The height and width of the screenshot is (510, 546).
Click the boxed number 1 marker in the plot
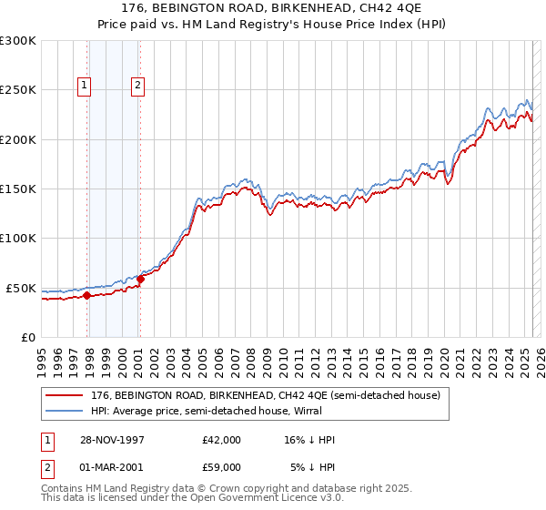84,87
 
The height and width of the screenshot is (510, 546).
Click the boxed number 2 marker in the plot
137,87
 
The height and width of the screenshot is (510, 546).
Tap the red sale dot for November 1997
87,295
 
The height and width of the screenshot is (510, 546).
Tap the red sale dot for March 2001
140,279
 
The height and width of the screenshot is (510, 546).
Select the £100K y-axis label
18,239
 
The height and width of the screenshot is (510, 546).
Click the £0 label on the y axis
27,337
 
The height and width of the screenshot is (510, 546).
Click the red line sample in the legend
64,396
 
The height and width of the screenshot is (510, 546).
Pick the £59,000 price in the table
221,467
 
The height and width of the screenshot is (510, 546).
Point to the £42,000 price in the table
221,440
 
